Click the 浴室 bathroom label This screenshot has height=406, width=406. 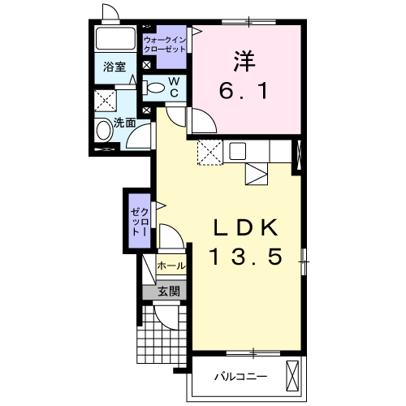coord(114,67)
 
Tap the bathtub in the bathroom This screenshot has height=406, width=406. coord(115,38)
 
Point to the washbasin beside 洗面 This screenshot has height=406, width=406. coord(104,130)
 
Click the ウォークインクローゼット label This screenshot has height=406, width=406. coord(165,45)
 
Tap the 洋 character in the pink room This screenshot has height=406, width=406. coord(244,61)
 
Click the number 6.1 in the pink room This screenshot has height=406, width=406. coord(244,91)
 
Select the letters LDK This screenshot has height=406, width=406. coord(246,227)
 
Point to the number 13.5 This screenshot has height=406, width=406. coord(246,257)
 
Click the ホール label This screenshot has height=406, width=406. coord(171,266)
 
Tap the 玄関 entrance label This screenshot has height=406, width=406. coord(169,292)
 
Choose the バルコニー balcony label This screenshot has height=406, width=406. coord(241,377)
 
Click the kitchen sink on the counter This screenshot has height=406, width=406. coord(238,151)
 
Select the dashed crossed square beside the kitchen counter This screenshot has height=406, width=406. coord(210,152)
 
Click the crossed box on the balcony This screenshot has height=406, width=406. coord(292,376)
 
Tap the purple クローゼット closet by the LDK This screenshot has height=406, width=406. coord(140,221)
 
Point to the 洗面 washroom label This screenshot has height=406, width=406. coord(124,123)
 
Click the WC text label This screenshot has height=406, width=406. coord(175,87)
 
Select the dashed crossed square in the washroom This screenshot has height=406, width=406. coord(105,101)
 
